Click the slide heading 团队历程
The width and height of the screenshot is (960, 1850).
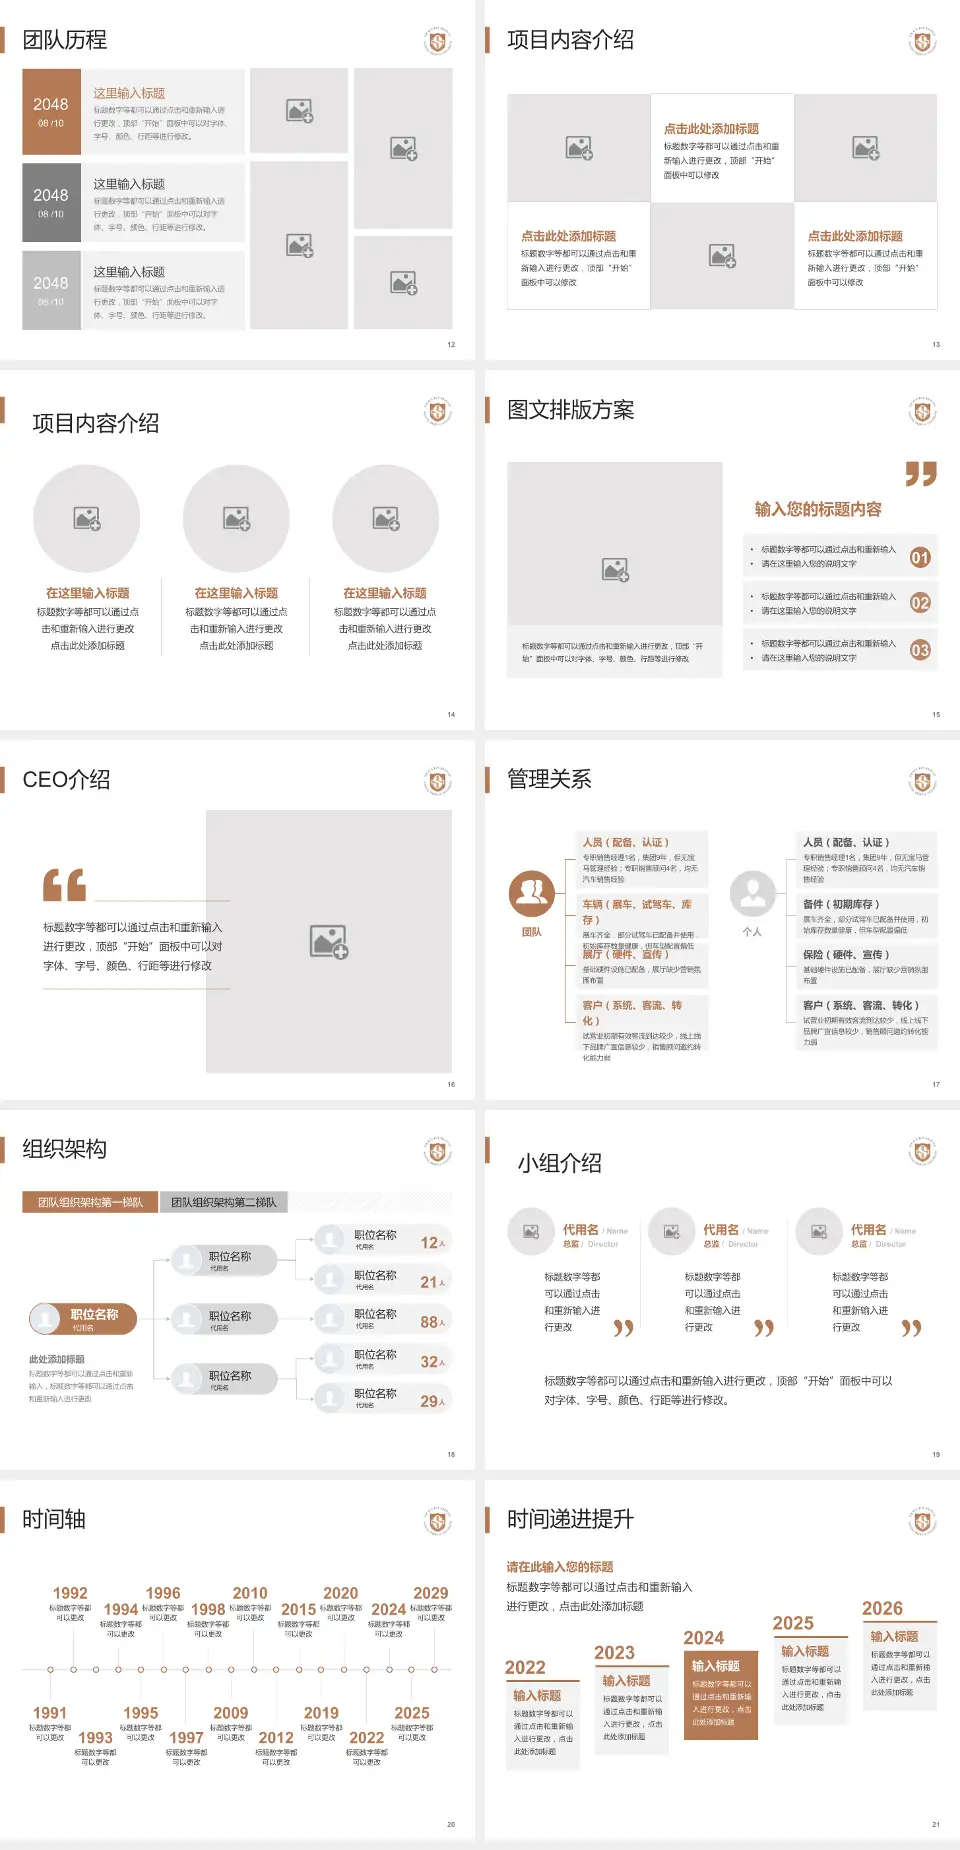pos(65,40)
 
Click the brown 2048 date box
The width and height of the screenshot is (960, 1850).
pos(51,112)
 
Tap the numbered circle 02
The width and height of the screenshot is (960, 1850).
pos(920,603)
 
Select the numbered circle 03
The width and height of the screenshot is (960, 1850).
pos(920,650)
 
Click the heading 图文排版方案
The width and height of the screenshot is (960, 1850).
pos(570,410)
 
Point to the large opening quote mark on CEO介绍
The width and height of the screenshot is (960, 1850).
pos(64,885)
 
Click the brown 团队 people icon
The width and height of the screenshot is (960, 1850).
pos(532,893)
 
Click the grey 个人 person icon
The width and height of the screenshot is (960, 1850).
pos(752,893)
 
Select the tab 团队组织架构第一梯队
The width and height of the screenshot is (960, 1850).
pos(90,1202)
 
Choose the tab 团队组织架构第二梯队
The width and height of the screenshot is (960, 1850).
pos(223,1202)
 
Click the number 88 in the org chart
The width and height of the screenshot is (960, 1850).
pos(429,1322)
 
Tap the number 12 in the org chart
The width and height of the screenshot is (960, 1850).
pos(429,1243)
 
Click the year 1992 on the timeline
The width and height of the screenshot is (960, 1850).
pos(70,1593)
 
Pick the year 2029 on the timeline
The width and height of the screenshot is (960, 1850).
pos(430,1593)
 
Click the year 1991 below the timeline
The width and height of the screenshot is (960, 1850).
pos(49,1713)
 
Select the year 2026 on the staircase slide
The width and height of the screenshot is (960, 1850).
pos(882,1608)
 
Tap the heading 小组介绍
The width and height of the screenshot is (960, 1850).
pos(559,1163)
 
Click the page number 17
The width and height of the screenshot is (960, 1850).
pos(936,1084)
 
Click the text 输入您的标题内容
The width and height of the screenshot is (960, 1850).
pos(818,509)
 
